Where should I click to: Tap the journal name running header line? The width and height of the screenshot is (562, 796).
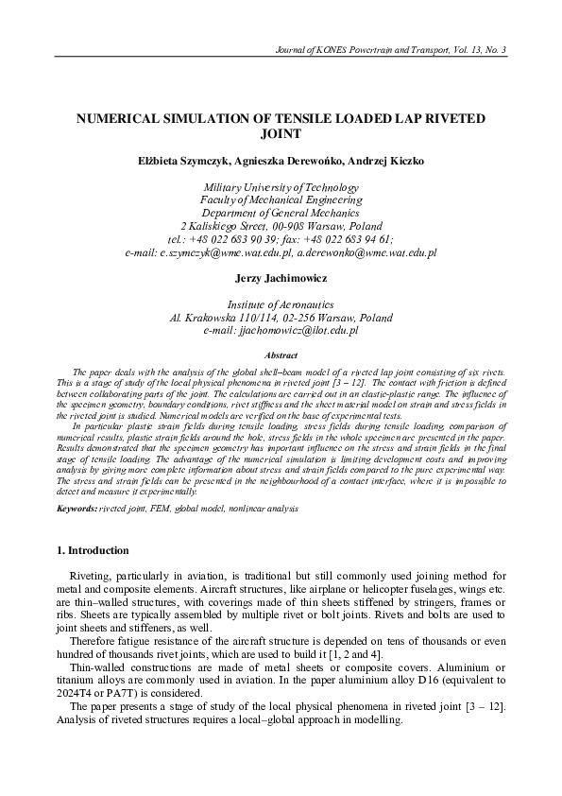[x=389, y=49]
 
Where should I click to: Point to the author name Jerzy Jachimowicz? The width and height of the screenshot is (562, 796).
[x=281, y=280]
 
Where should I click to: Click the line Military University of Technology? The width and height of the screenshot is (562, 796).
[x=281, y=187]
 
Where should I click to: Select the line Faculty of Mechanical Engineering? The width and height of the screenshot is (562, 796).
[x=281, y=200]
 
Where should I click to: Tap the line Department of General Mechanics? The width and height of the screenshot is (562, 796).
[x=281, y=214]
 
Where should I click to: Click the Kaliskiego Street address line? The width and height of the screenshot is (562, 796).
[x=281, y=227]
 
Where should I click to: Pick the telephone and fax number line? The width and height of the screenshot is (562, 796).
[x=281, y=240]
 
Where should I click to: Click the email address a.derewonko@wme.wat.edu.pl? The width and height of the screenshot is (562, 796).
[x=366, y=253]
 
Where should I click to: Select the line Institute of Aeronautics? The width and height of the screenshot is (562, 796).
[x=281, y=305]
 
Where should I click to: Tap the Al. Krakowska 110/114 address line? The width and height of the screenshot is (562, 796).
[x=281, y=319]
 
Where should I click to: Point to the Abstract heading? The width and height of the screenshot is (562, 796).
[x=281, y=355]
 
